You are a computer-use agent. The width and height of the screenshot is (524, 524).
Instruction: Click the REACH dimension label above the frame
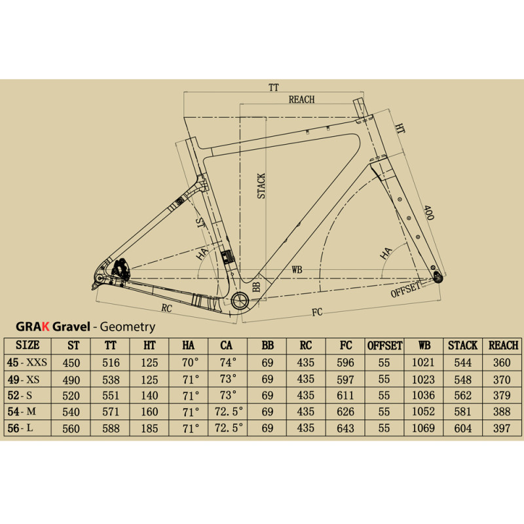[301, 100]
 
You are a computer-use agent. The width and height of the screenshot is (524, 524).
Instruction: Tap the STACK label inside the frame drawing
[261, 186]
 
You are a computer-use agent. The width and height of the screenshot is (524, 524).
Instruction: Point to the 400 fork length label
[428, 213]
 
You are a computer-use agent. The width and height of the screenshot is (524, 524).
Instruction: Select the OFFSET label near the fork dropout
[405, 290]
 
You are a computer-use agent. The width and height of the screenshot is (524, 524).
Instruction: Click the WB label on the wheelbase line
[297, 269]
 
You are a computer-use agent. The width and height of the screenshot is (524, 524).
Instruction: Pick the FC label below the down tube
[317, 312]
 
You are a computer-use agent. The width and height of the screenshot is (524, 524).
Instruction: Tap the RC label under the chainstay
[166, 308]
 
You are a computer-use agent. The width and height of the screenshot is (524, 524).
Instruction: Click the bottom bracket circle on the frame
[240, 300]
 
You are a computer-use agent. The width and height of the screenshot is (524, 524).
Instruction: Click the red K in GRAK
[45, 326]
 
